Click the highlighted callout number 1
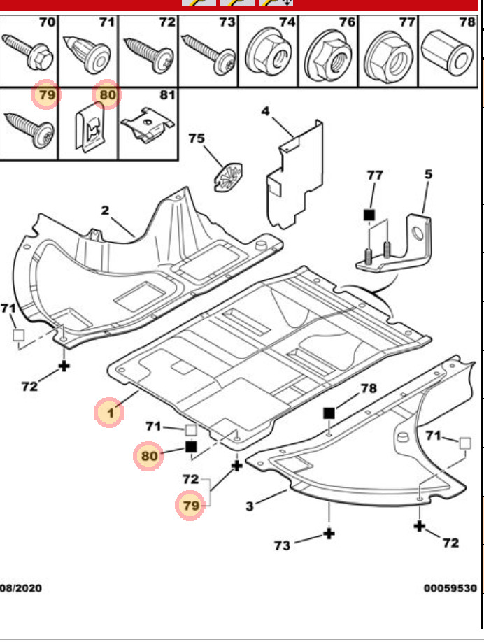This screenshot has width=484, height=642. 110,413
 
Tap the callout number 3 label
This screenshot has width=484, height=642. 250,505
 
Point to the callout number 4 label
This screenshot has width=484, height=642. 266,111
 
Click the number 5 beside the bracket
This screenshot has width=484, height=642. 428,174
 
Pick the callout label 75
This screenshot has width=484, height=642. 197,138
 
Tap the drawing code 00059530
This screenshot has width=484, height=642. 450,588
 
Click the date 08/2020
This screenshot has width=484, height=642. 21,588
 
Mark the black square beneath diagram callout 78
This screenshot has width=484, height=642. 329,413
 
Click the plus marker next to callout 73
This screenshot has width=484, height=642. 328,534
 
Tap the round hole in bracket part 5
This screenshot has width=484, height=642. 418,234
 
